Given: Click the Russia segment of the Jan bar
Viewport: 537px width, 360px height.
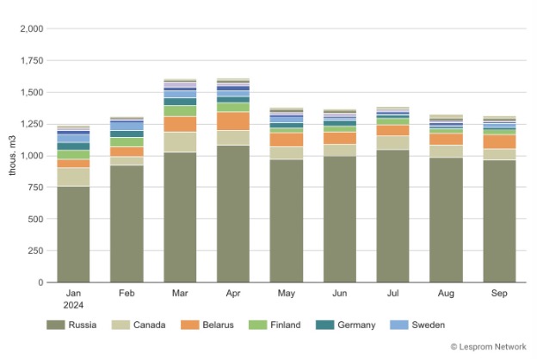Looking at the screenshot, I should click(73, 234).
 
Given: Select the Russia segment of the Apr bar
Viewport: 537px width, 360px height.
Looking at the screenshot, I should click(233, 214).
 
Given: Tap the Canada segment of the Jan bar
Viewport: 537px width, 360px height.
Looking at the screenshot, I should click(73, 177).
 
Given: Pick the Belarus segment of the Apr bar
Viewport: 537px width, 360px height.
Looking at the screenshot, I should click(233, 121).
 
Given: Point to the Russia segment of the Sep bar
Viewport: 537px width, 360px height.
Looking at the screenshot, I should click(499, 221).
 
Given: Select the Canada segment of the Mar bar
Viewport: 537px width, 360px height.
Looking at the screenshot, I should click(180, 142).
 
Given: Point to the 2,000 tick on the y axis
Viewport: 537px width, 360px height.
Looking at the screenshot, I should click(31, 28).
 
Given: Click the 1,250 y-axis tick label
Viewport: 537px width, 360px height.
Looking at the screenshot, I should click(31, 124).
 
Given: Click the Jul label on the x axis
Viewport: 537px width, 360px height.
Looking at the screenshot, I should click(392, 295).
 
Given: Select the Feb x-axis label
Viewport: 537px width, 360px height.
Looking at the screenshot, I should click(127, 295).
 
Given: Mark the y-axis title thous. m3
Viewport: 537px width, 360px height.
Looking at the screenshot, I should click(12, 156).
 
